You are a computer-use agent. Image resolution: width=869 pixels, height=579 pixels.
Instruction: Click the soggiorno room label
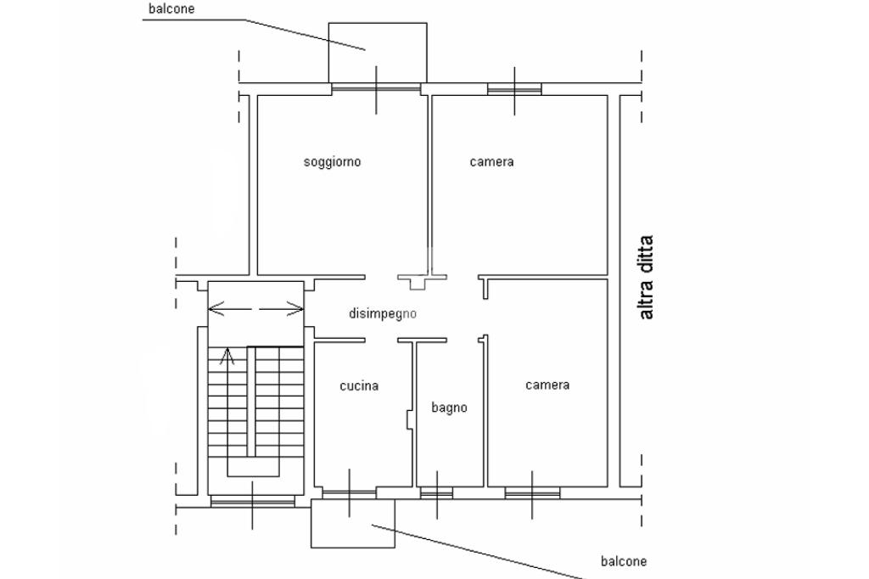332,162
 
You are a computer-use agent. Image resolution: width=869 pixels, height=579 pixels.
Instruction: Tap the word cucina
359,385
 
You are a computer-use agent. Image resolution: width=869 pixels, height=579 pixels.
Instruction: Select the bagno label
450,408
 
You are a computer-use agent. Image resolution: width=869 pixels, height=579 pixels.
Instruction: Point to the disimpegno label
383,314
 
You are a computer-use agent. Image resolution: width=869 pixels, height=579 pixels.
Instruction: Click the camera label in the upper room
491,162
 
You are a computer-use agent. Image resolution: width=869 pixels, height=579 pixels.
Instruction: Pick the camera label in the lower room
547,385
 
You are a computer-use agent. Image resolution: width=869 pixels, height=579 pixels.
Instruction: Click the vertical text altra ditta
646,278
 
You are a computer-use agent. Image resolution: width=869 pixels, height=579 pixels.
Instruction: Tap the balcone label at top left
171,8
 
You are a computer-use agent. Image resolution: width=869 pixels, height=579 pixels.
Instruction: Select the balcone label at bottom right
624,561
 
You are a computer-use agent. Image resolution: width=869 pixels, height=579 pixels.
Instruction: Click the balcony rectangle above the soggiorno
378,53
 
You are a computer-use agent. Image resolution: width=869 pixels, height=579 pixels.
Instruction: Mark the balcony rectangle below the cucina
353,523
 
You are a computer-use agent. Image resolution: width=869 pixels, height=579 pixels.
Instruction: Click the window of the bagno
437,493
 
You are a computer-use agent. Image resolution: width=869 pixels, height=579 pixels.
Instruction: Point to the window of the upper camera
514,89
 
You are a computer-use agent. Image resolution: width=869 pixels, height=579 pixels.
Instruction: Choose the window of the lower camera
532,493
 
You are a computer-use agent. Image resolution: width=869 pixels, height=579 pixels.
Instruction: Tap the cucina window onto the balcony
349,493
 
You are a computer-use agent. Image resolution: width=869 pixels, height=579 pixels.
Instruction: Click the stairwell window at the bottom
253,502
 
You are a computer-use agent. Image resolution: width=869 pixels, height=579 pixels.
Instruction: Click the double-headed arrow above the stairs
255,309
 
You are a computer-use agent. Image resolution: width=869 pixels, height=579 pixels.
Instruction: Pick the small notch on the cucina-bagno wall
409,419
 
